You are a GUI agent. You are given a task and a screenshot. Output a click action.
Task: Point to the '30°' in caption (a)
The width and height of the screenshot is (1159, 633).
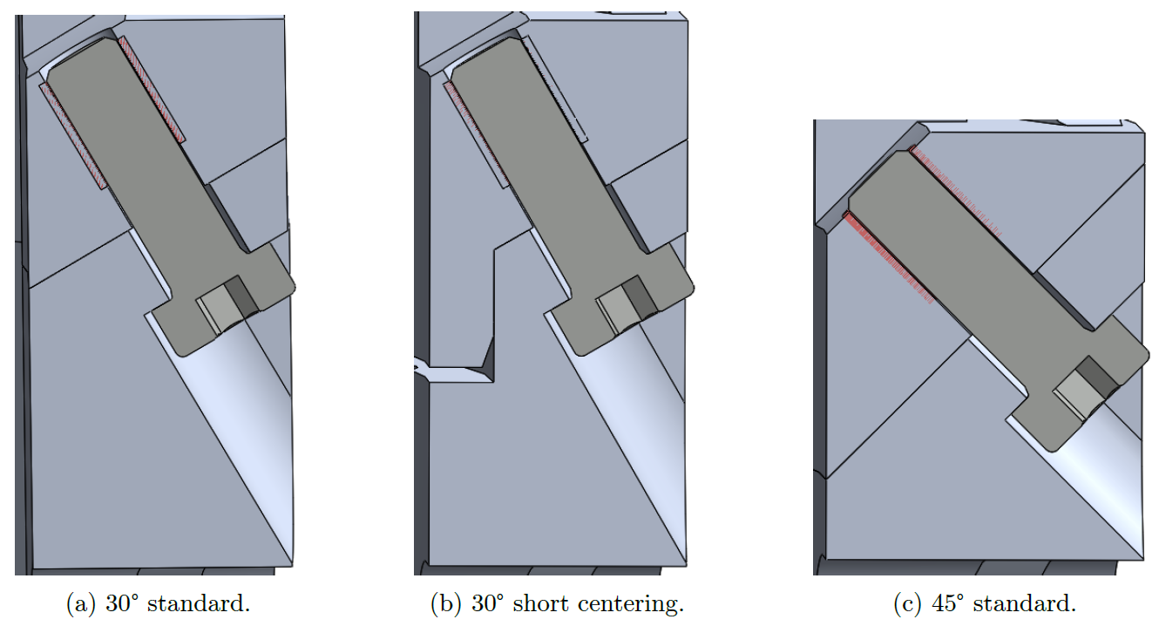tap(123, 602)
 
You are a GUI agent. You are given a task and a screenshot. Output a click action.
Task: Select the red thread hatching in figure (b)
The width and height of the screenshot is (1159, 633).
tap(475, 131)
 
